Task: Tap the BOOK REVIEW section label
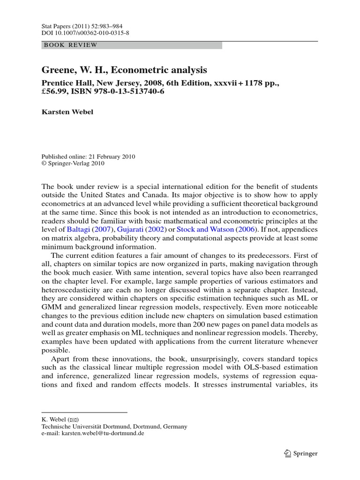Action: pyautogui.click(x=70, y=45)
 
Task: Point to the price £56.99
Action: pyautogui.click(x=55, y=91)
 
